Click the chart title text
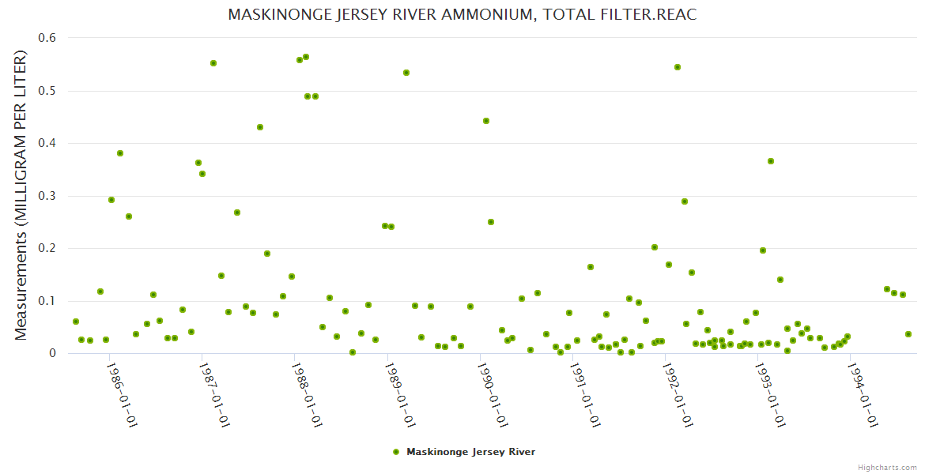(462, 15)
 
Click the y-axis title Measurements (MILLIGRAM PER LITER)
(21, 195)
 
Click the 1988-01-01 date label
(308, 394)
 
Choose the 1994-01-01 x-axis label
(863, 394)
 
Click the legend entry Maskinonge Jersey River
(470, 452)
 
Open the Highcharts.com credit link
(887, 467)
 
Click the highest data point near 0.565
(306, 57)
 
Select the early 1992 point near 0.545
(678, 67)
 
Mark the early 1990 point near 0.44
(486, 121)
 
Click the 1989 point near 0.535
(406, 73)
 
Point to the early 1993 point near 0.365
(771, 161)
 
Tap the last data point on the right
(908, 334)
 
